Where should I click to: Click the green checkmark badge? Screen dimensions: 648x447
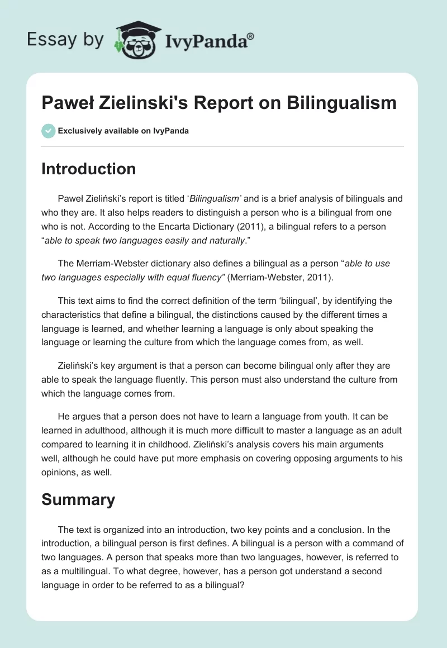click(48, 131)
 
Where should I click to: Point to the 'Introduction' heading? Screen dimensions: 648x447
click(88, 169)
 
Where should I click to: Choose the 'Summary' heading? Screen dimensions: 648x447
click(78, 499)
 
